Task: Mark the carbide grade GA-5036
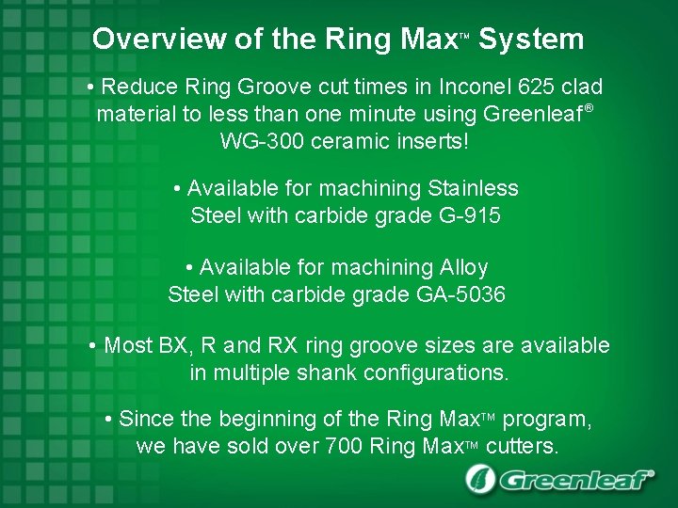[460, 294]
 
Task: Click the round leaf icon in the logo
[480, 480]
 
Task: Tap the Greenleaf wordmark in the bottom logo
[575, 481]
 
